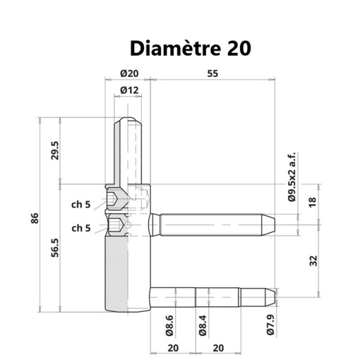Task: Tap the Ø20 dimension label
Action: (128, 73)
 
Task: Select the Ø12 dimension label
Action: (128, 90)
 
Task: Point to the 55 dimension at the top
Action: (212, 73)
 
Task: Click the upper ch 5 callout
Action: (80, 205)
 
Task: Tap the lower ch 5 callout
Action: (80, 228)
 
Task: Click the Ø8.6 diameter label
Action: (170, 325)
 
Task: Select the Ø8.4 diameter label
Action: (202, 325)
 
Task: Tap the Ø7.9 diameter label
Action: (270, 325)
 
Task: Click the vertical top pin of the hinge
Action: (128, 148)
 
